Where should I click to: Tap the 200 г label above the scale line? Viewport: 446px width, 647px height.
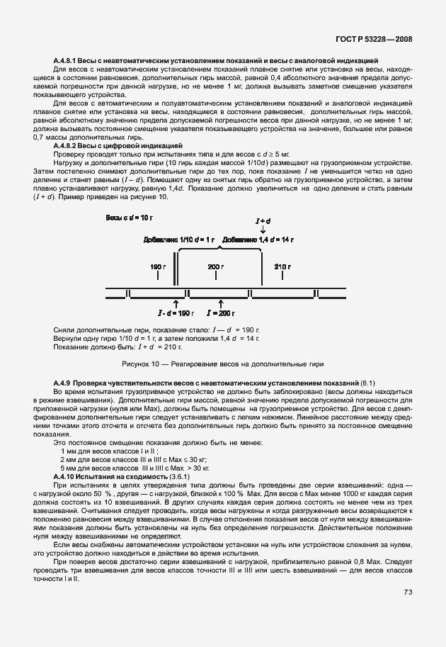point(216,266)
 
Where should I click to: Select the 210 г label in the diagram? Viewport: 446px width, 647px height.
point(282,266)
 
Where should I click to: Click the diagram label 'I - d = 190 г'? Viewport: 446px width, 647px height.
point(175,313)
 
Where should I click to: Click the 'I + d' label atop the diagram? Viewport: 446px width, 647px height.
point(263,222)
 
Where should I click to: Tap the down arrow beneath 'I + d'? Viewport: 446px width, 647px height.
point(263,230)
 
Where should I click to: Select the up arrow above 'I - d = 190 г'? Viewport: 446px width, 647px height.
point(176,303)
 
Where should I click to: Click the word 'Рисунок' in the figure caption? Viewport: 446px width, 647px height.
point(137,364)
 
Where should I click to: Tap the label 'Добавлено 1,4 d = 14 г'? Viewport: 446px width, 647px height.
point(258,240)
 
